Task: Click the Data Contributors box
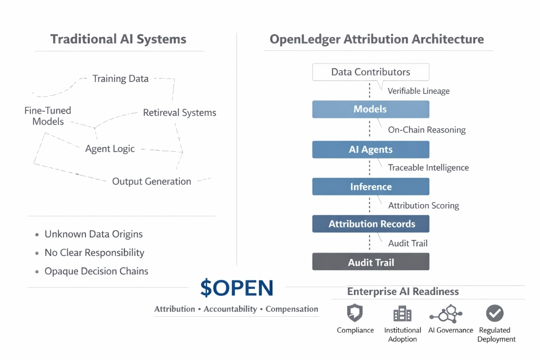(x=370, y=72)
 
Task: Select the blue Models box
(x=370, y=109)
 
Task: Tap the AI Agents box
(x=370, y=149)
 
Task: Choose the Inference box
(x=370, y=186)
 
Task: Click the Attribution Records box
(x=370, y=224)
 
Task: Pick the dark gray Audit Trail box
(x=370, y=262)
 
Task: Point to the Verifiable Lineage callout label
(x=418, y=91)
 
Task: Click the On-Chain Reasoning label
(x=426, y=130)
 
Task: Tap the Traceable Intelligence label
(x=428, y=168)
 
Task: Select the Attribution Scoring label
(x=423, y=205)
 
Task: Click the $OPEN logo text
(x=237, y=288)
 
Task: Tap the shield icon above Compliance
(x=354, y=313)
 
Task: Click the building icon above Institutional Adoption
(x=402, y=313)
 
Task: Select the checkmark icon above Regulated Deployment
(x=495, y=313)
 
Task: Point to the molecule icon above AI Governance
(x=446, y=313)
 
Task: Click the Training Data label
(x=120, y=79)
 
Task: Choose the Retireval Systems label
(x=179, y=112)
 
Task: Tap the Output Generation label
(x=151, y=181)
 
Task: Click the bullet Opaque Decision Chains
(x=92, y=271)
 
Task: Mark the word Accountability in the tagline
(x=230, y=309)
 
